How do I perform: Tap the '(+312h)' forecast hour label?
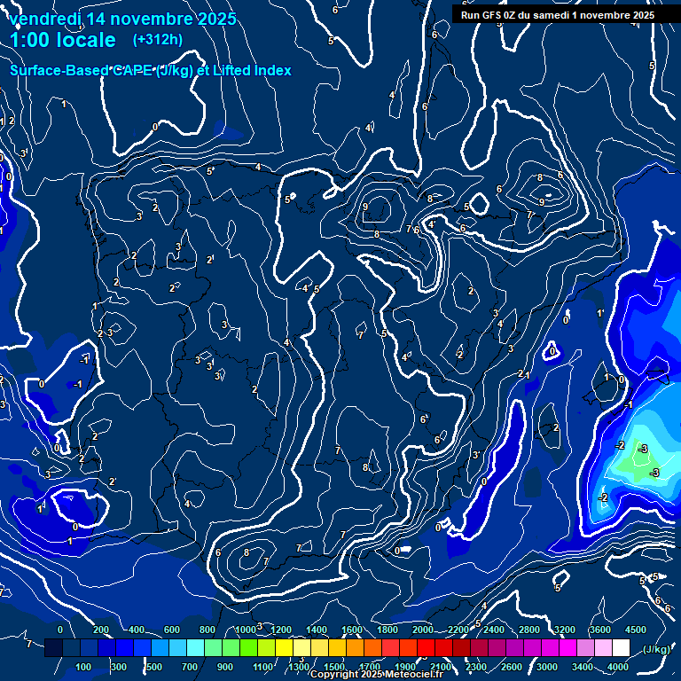point(157,40)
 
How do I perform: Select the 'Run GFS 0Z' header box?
point(558,14)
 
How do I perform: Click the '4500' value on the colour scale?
point(635,630)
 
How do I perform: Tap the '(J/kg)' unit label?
point(656,649)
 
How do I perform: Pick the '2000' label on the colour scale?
point(423,630)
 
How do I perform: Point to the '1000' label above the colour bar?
point(245,630)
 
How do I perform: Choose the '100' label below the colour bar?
point(84,667)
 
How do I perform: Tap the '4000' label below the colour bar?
point(618,667)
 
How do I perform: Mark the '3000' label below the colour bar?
point(547,667)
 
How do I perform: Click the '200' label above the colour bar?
point(100,630)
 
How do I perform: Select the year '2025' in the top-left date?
point(217,19)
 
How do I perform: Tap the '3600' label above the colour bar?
point(600,630)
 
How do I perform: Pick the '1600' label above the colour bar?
point(352,630)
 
